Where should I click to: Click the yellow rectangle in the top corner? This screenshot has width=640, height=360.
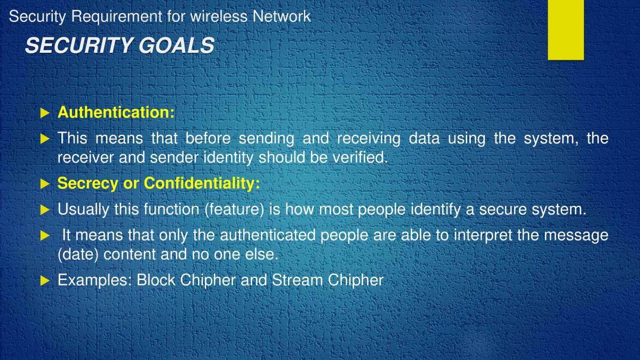coord(565,29)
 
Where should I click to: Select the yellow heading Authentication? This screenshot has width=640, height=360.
coord(116,113)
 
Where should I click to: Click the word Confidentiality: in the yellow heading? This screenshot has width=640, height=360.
coord(202,183)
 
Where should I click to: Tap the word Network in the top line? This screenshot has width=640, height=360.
coord(281,17)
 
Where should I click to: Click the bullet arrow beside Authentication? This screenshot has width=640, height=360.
coord(45,113)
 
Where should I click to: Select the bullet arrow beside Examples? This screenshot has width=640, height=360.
coord(45,280)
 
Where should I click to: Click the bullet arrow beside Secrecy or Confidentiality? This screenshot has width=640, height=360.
coord(45,184)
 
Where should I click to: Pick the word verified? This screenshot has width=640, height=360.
coord(362,158)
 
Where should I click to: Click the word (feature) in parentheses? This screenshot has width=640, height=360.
coord(234,210)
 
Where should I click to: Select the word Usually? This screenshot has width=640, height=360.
coord(83,210)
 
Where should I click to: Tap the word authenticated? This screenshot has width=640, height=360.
coord(269,235)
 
